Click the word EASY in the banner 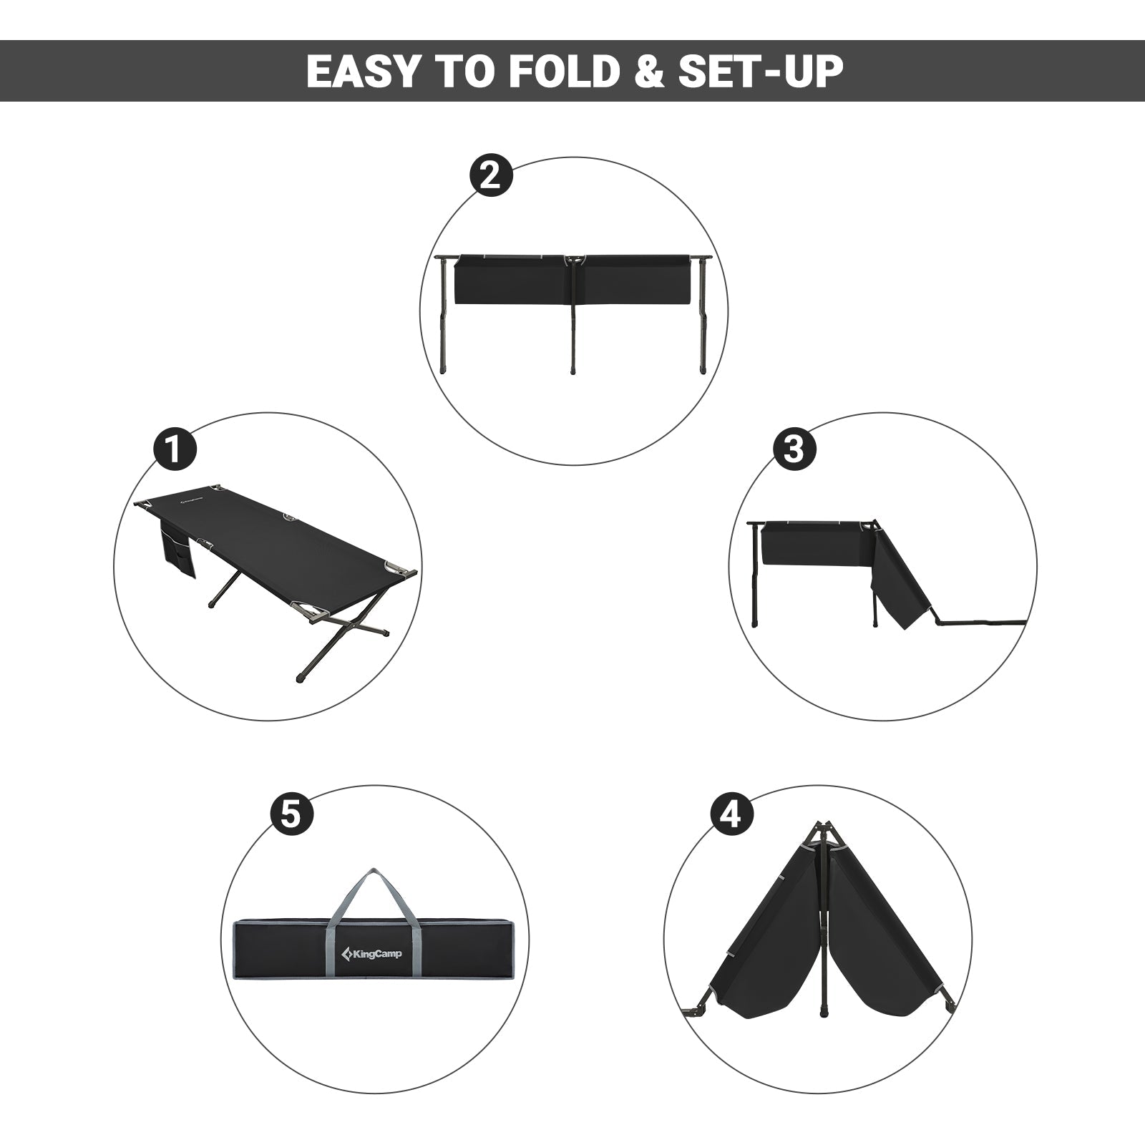(362, 71)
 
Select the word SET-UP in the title (761, 71)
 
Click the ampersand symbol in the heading (649, 71)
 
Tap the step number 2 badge (490, 175)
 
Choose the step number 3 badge (794, 449)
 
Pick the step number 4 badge (731, 814)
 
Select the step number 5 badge (291, 814)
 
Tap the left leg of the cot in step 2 (444, 315)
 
